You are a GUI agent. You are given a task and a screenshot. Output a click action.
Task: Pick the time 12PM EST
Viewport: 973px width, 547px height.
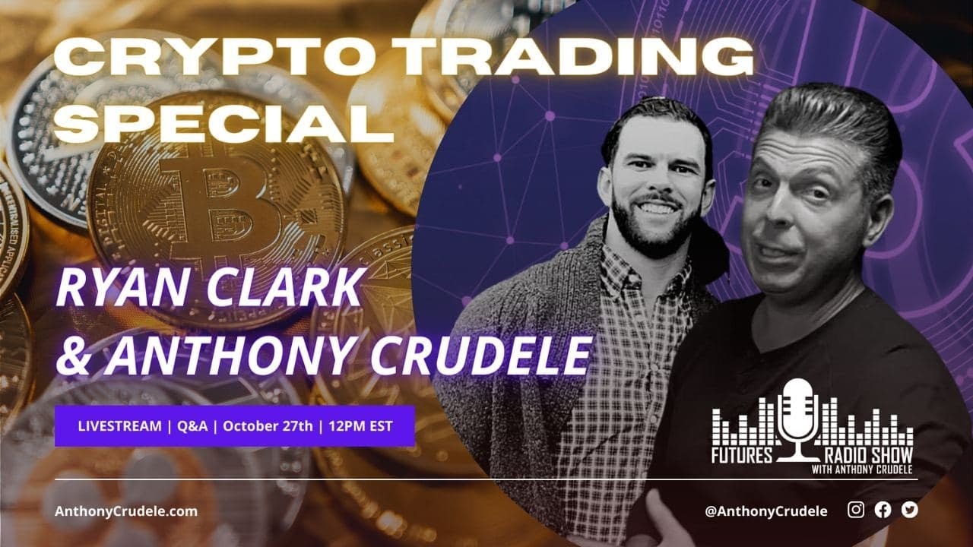tap(361, 426)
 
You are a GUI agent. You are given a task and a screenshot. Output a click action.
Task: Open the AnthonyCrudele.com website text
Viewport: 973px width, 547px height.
tap(126, 511)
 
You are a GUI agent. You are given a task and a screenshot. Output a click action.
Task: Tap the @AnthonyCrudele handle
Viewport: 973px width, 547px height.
tap(765, 511)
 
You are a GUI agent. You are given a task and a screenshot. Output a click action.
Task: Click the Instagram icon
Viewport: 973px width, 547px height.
tap(856, 511)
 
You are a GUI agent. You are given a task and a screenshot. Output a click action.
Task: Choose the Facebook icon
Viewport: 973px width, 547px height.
tap(883, 511)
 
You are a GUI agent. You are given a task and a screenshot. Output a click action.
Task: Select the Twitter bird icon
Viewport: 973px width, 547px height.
tap(909, 511)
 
